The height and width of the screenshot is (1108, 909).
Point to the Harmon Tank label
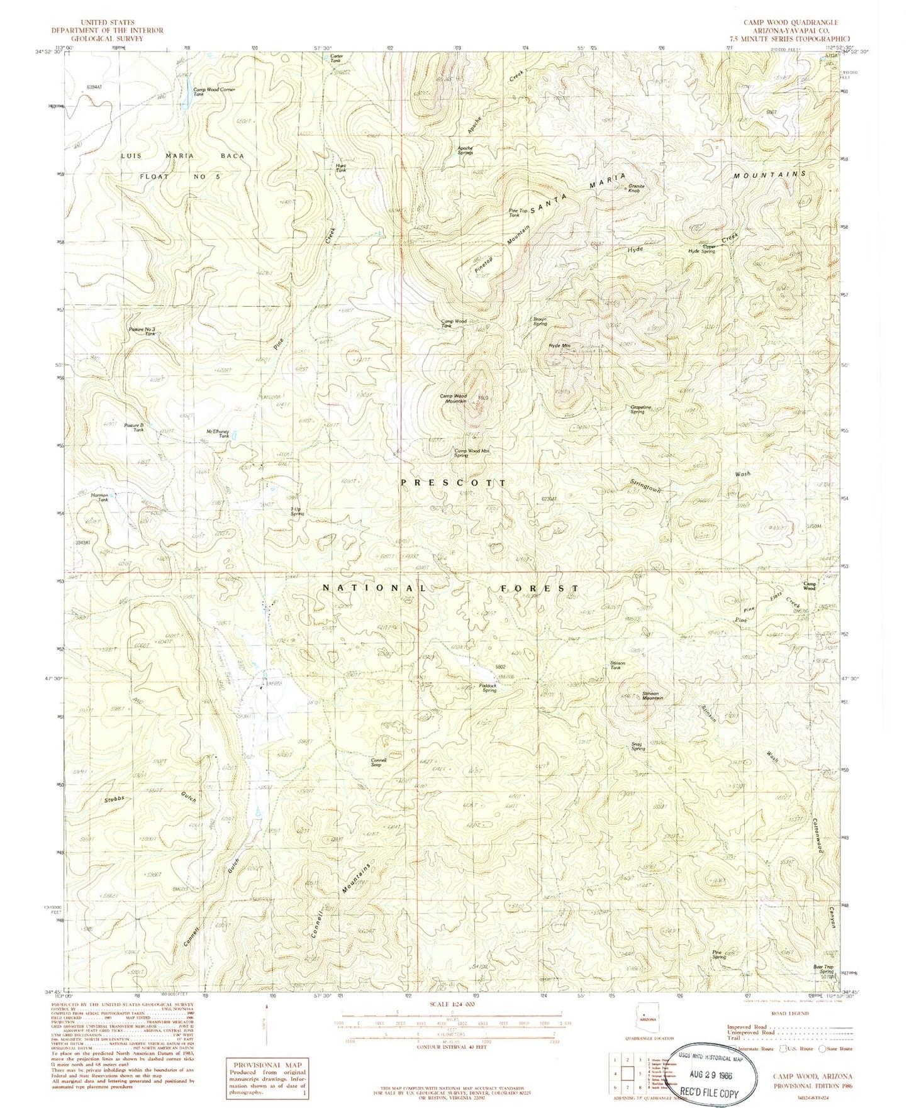pos(101,497)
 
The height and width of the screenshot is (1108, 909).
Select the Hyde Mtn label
pos(559,345)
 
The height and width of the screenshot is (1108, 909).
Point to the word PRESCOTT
pos(453,482)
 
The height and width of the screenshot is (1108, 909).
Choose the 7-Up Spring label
pos(297,511)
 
